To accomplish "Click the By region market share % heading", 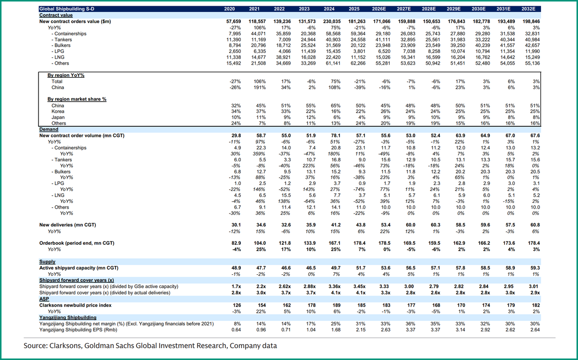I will (77, 99).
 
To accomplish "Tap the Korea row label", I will (58, 111).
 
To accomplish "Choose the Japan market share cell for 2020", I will (236, 118).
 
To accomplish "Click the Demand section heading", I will (49, 130).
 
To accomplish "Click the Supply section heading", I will (47, 261).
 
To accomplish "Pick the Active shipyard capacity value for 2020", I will (234, 267).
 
